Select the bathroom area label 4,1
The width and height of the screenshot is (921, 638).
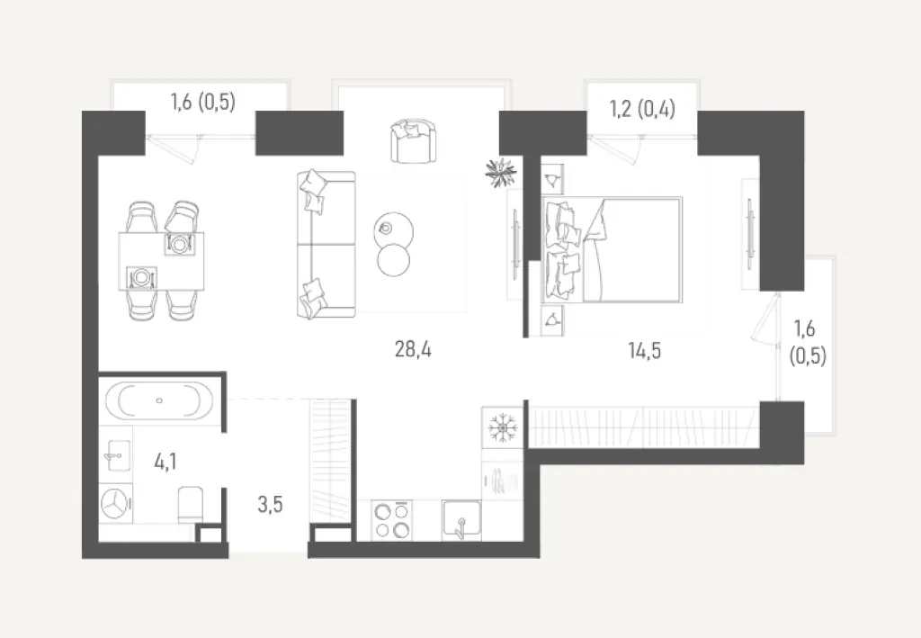click(x=165, y=463)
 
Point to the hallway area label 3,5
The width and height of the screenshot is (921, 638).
click(x=270, y=504)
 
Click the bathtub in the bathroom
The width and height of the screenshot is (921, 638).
click(x=159, y=400)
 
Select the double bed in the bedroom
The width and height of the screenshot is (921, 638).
click(x=612, y=249)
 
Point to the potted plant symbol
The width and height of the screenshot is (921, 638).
click(x=499, y=172)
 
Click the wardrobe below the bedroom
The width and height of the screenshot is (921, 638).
click(x=643, y=426)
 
